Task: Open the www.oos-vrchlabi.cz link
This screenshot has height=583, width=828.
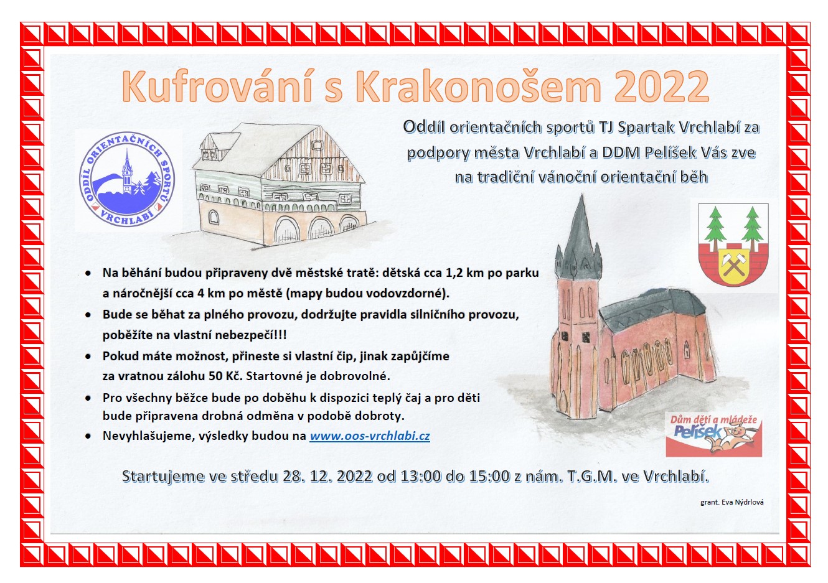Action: (370, 436)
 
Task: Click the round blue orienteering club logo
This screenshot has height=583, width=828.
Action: (127, 179)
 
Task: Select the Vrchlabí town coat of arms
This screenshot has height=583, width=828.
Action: (733, 245)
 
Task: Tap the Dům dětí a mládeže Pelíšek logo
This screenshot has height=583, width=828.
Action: (714, 434)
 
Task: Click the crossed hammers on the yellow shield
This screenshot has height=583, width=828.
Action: (734, 264)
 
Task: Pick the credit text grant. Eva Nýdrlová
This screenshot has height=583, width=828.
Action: (732, 503)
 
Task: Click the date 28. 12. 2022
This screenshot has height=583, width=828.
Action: (327, 476)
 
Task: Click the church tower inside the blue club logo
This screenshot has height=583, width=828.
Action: (127, 171)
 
